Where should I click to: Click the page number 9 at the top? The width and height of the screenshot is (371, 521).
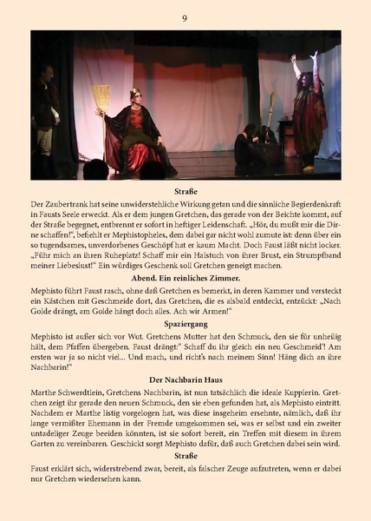click(x=185, y=18)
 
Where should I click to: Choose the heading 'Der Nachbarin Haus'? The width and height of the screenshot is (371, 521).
click(x=185, y=379)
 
